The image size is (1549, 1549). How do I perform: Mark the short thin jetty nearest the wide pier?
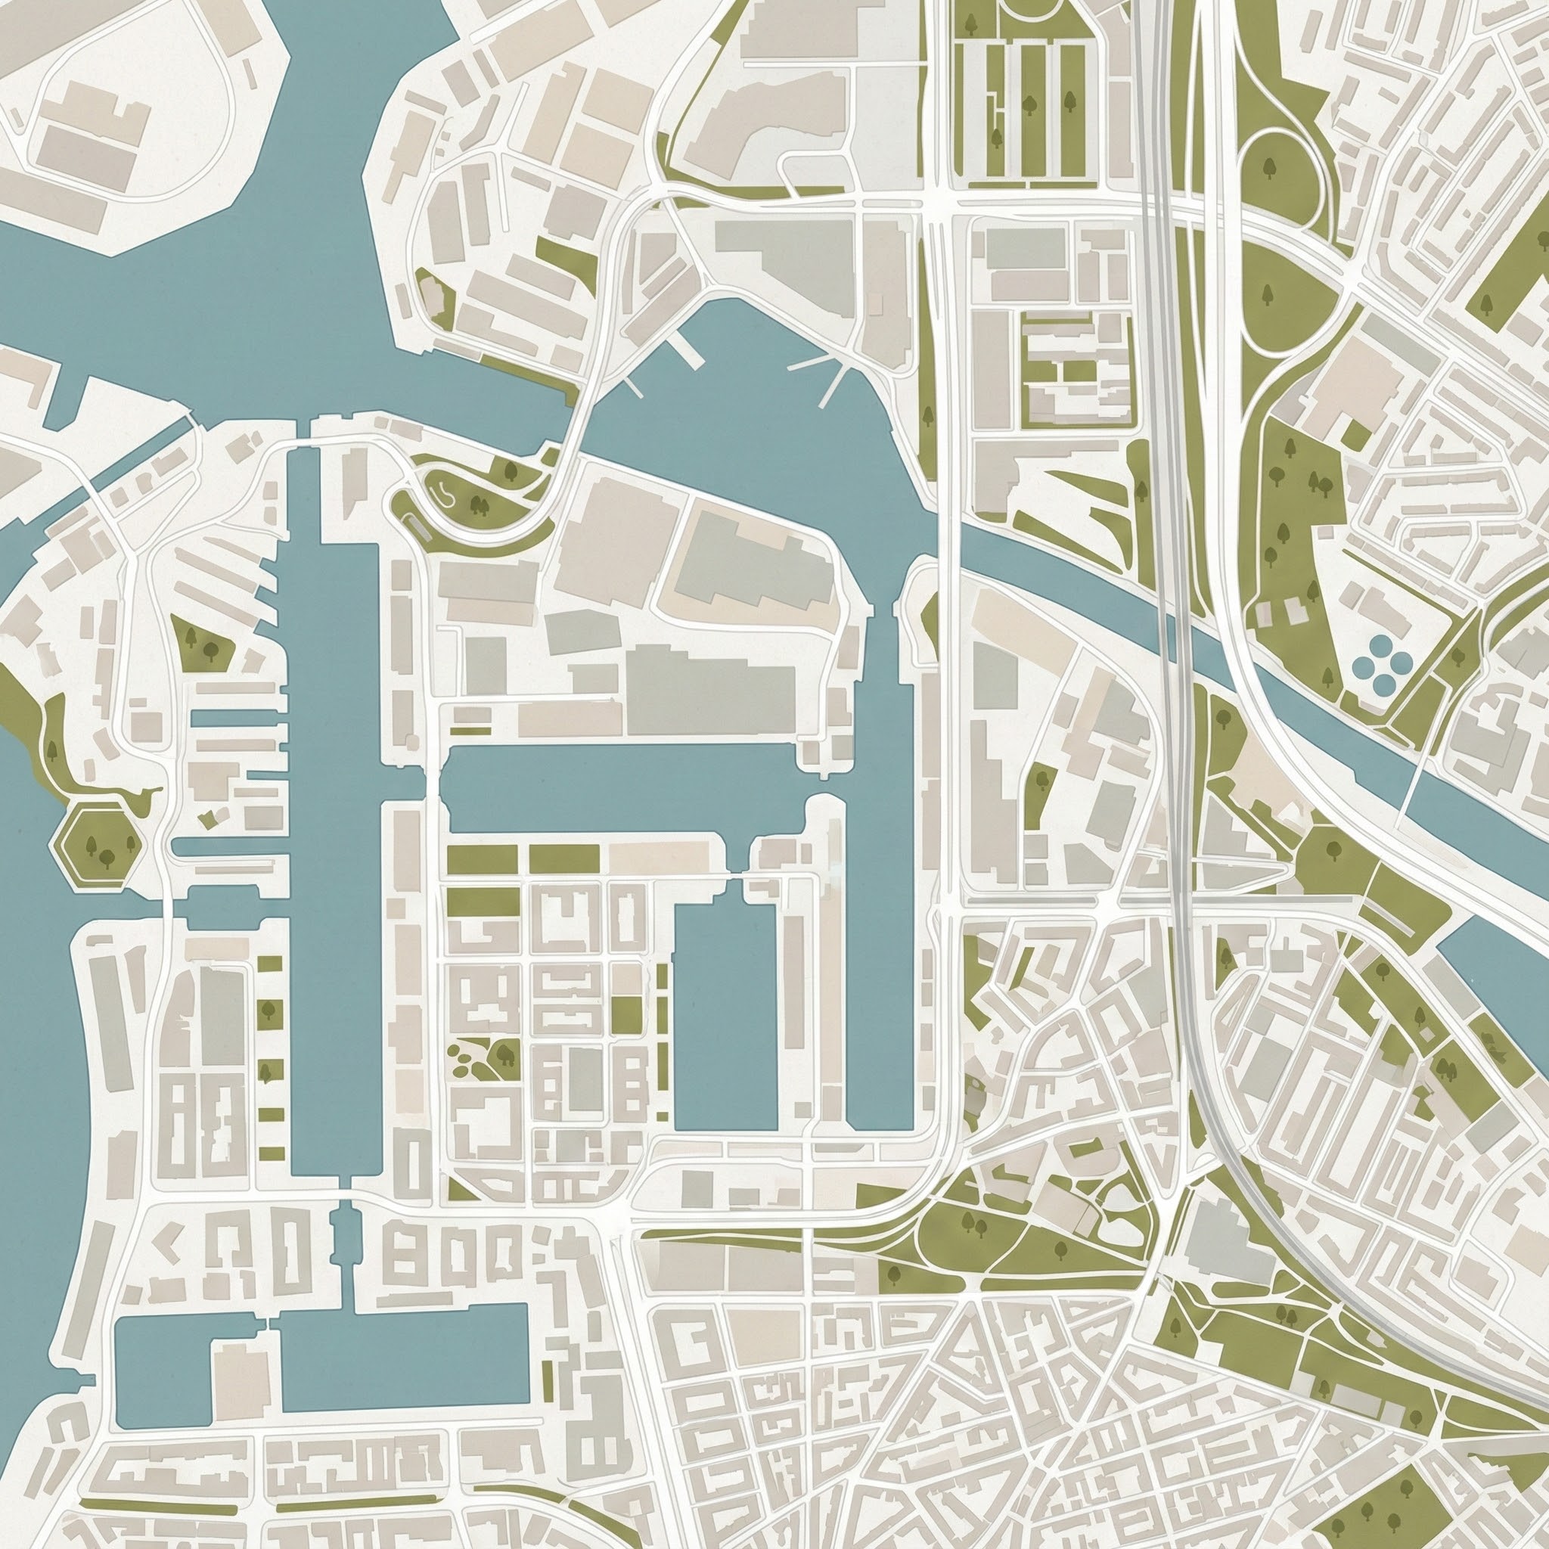coord(633,387)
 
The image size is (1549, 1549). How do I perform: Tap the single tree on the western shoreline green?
coord(53,751)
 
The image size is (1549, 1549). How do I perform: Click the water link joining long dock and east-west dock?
coord(431,774)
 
